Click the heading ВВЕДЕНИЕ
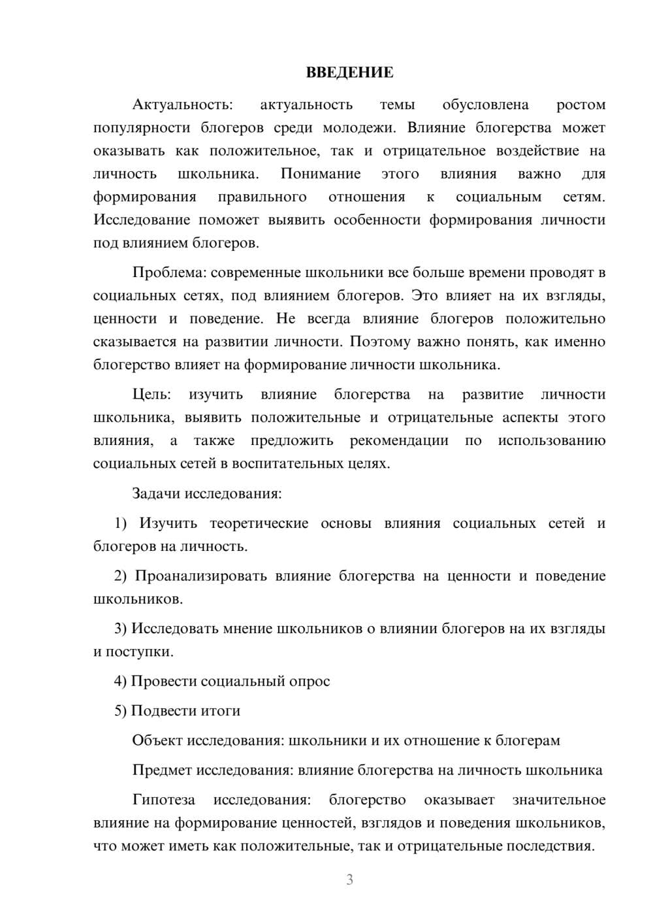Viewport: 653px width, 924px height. tap(349, 73)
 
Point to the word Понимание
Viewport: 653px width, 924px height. tap(321, 174)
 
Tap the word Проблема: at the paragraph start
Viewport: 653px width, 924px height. tap(169, 272)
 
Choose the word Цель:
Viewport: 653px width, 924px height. tap(151, 394)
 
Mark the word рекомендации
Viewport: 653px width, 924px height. tap(399, 440)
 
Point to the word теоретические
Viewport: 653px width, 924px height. tap(259, 523)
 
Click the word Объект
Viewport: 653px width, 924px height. tap(157, 740)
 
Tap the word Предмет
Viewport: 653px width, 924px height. tap(162, 770)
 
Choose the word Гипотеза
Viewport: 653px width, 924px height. tap(163, 800)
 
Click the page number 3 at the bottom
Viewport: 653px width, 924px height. tap(349, 880)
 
